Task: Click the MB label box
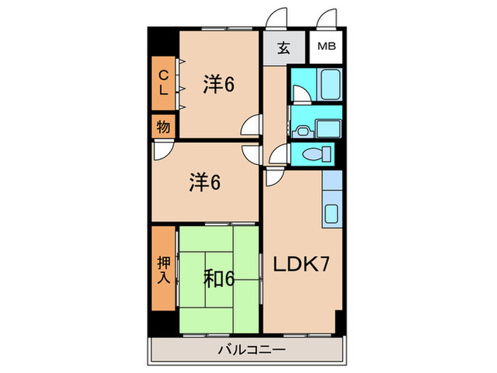[327, 48]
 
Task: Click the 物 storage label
[163, 127]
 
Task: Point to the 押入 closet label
[163, 268]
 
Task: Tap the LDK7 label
[301, 265]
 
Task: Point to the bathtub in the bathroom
[331, 85]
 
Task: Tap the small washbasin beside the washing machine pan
[303, 130]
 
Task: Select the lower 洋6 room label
[204, 183]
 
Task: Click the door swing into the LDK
[277, 157]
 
